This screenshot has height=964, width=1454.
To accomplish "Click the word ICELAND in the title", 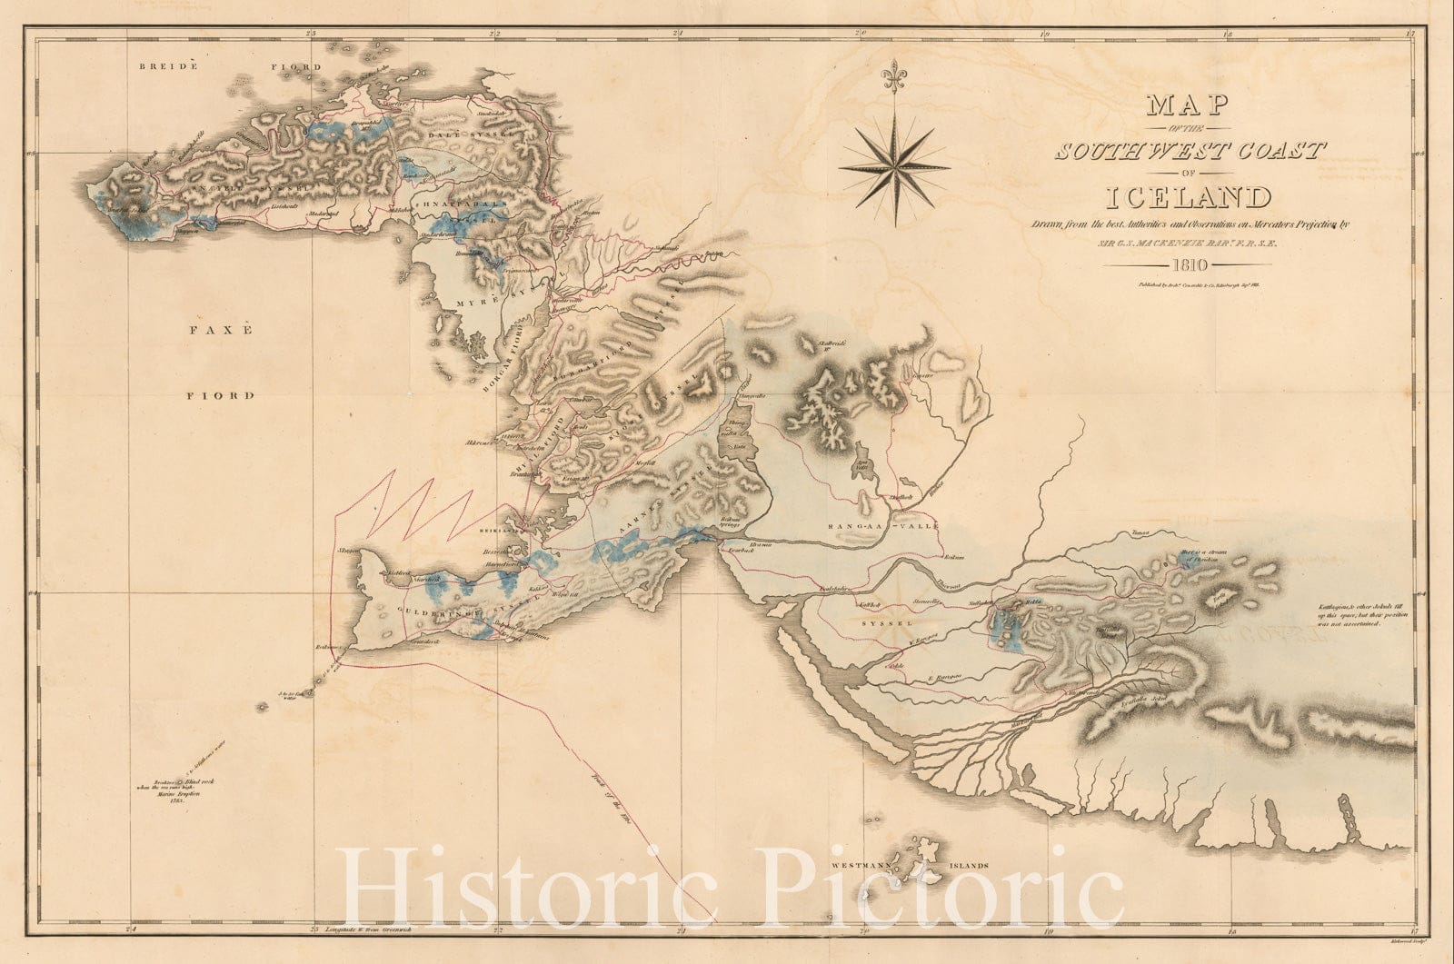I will tap(1188, 198).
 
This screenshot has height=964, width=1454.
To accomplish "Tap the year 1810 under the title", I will tap(1188, 265).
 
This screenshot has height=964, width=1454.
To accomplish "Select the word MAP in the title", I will tap(1188, 105).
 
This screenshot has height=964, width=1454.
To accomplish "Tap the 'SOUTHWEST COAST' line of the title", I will tap(1188, 151).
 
